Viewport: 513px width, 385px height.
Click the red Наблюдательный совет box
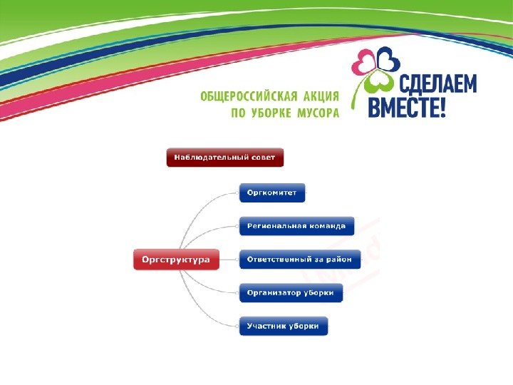point(225,157)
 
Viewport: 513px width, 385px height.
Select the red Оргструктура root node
point(176,260)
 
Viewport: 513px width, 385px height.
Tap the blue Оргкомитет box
point(271,192)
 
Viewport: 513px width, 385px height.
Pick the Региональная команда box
point(296,226)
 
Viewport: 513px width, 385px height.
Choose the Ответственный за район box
point(299,260)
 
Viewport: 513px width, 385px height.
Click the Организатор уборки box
point(290,292)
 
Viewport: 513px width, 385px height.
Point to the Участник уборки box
point(283,327)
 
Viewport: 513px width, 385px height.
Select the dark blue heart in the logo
point(388,57)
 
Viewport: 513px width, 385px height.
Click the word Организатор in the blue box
point(271,292)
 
